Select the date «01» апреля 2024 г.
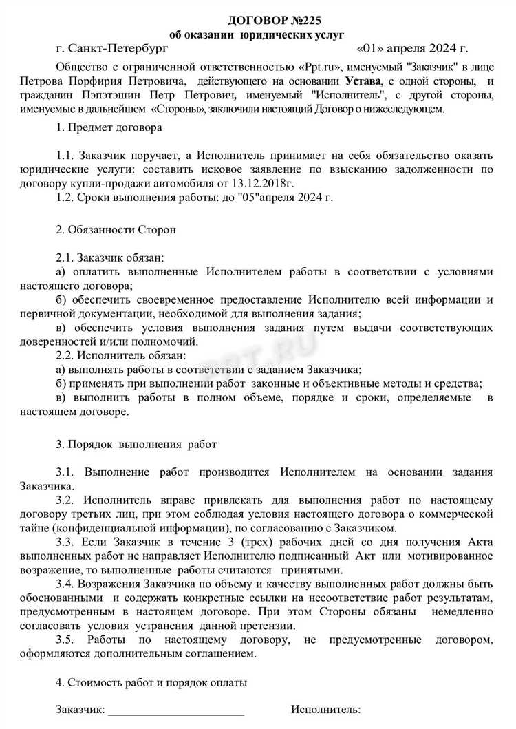[413, 50]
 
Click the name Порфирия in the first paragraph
[123, 81]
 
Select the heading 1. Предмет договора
[109, 129]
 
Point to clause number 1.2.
[66, 198]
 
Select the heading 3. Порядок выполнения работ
[137, 444]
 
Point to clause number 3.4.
[66, 583]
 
